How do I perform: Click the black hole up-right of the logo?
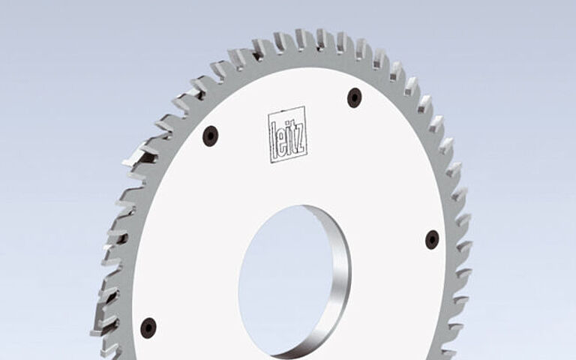354,97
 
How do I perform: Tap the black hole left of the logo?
211,136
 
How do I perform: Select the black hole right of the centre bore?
432,239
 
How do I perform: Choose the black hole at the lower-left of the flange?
149,327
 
